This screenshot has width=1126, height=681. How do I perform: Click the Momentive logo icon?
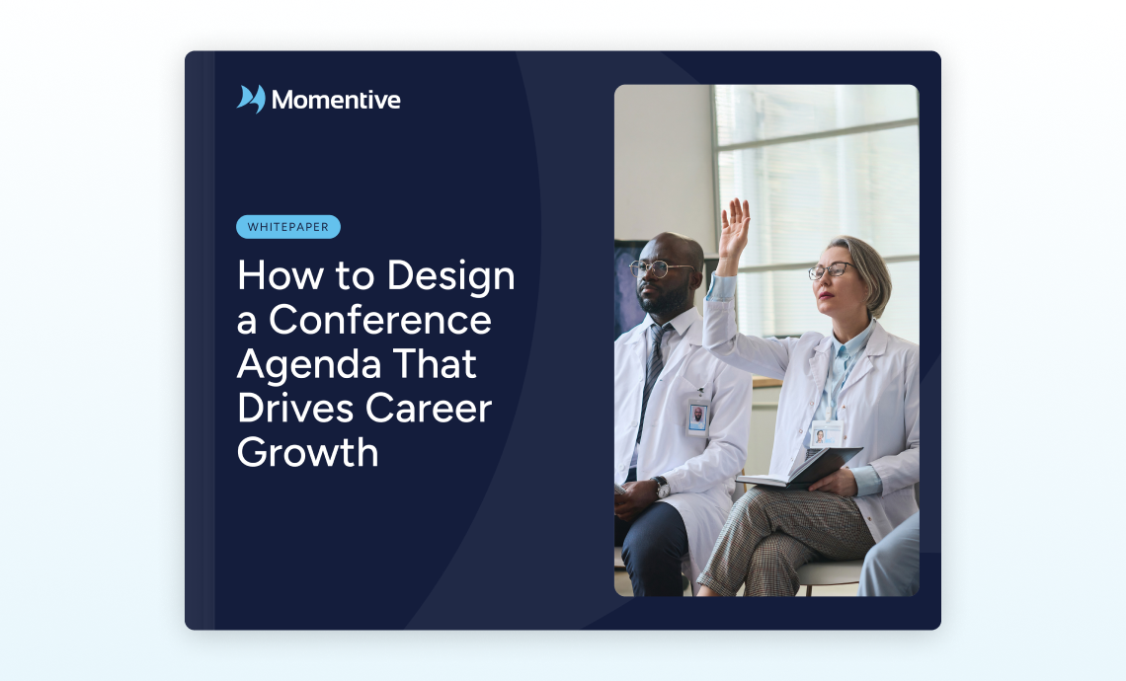pos(251,99)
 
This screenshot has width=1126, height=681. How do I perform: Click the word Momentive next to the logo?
pos(336,100)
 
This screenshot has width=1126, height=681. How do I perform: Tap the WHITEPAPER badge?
pos(288,227)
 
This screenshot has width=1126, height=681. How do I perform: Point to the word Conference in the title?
pos(380,320)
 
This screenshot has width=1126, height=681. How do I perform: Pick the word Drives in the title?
pos(296,409)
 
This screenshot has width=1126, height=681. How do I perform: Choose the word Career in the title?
pos(429,409)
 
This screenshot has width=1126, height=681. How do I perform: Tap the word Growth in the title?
pos(307,453)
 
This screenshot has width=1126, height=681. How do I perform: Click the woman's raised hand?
pos(734,227)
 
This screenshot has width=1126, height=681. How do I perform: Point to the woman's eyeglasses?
pos(831,270)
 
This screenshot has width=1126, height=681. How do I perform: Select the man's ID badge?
pos(697,416)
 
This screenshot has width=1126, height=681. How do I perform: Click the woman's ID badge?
pos(827,433)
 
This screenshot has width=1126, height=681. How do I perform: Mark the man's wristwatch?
pos(661,488)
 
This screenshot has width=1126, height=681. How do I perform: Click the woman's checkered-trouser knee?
pos(763,511)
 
